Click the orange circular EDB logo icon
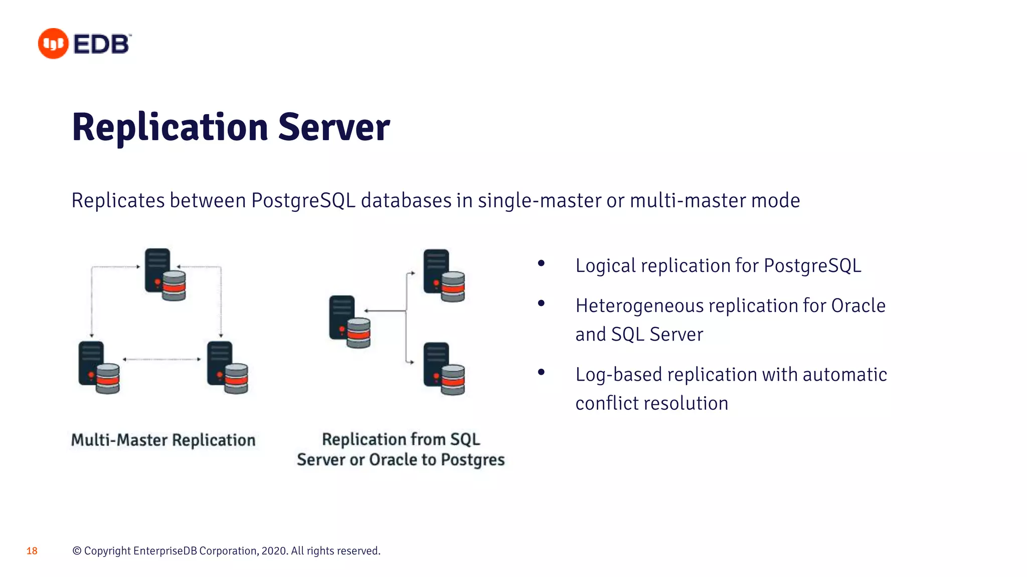click(53, 44)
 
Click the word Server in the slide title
click(333, 128)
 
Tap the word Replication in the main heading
click(170, 128)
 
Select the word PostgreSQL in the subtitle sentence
click(303, 200)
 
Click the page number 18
click(32, 551)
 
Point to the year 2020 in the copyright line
click(274, 551)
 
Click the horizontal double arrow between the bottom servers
click(161, 359)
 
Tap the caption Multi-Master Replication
click(163, 440)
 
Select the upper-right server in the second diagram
click(444, 275)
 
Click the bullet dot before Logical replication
click(541, 263)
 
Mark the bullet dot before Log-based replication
click(541, 372)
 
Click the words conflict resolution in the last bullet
click(651, 403)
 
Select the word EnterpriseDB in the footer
click(165, 551)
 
